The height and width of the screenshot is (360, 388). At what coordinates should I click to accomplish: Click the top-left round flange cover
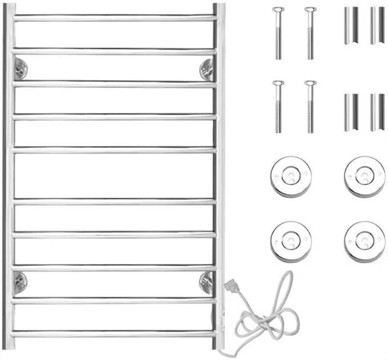tap(291, 177)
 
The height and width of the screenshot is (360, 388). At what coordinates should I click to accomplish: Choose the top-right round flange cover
tap(365, 177)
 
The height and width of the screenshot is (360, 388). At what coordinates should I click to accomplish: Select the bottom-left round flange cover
tap(291, 241)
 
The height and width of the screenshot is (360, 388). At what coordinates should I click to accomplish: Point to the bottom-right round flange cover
tap(365, 241)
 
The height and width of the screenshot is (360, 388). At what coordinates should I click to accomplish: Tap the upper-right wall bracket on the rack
tap(207, 69)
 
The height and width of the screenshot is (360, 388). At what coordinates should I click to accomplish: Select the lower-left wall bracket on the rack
tap(20, 282)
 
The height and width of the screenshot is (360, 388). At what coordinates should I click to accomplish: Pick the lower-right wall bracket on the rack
tap(206, 282)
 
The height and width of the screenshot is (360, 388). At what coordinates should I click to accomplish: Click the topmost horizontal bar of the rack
tap(114, 18)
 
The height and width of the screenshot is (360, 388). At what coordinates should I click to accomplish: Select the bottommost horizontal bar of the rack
tap(114, 333)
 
